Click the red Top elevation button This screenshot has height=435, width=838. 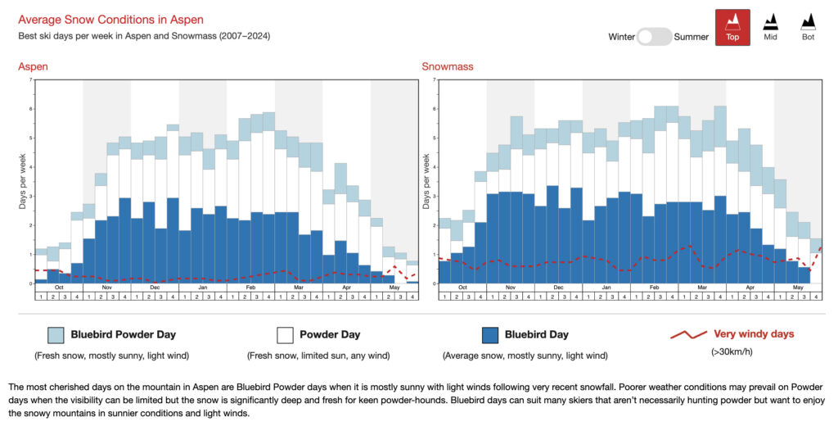coord(732,27)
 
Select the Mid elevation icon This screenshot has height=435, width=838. coord(770,27)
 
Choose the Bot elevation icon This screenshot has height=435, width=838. coord(808,27)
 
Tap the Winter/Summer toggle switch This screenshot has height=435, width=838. coord(654,37)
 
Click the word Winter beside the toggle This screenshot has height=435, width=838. coord(621,37)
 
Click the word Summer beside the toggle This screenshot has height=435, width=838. coord(692,37)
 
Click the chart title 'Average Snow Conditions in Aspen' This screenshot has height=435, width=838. coord(110,19)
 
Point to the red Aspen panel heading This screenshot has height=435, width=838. coord(33,66)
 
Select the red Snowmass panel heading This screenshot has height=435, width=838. coord(447,66)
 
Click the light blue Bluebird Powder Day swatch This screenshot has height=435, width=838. coord(56,334)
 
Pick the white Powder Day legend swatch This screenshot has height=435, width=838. coord(285,334)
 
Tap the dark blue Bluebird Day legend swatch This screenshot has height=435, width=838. coord(490,334)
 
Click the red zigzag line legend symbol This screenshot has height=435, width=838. coord(687,334)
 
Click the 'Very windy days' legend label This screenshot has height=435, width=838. coord(754,334)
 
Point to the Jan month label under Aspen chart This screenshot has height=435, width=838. coord(203,288)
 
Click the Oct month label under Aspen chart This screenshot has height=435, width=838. coord(59,288)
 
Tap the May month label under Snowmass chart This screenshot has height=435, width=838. coord(798,288)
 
